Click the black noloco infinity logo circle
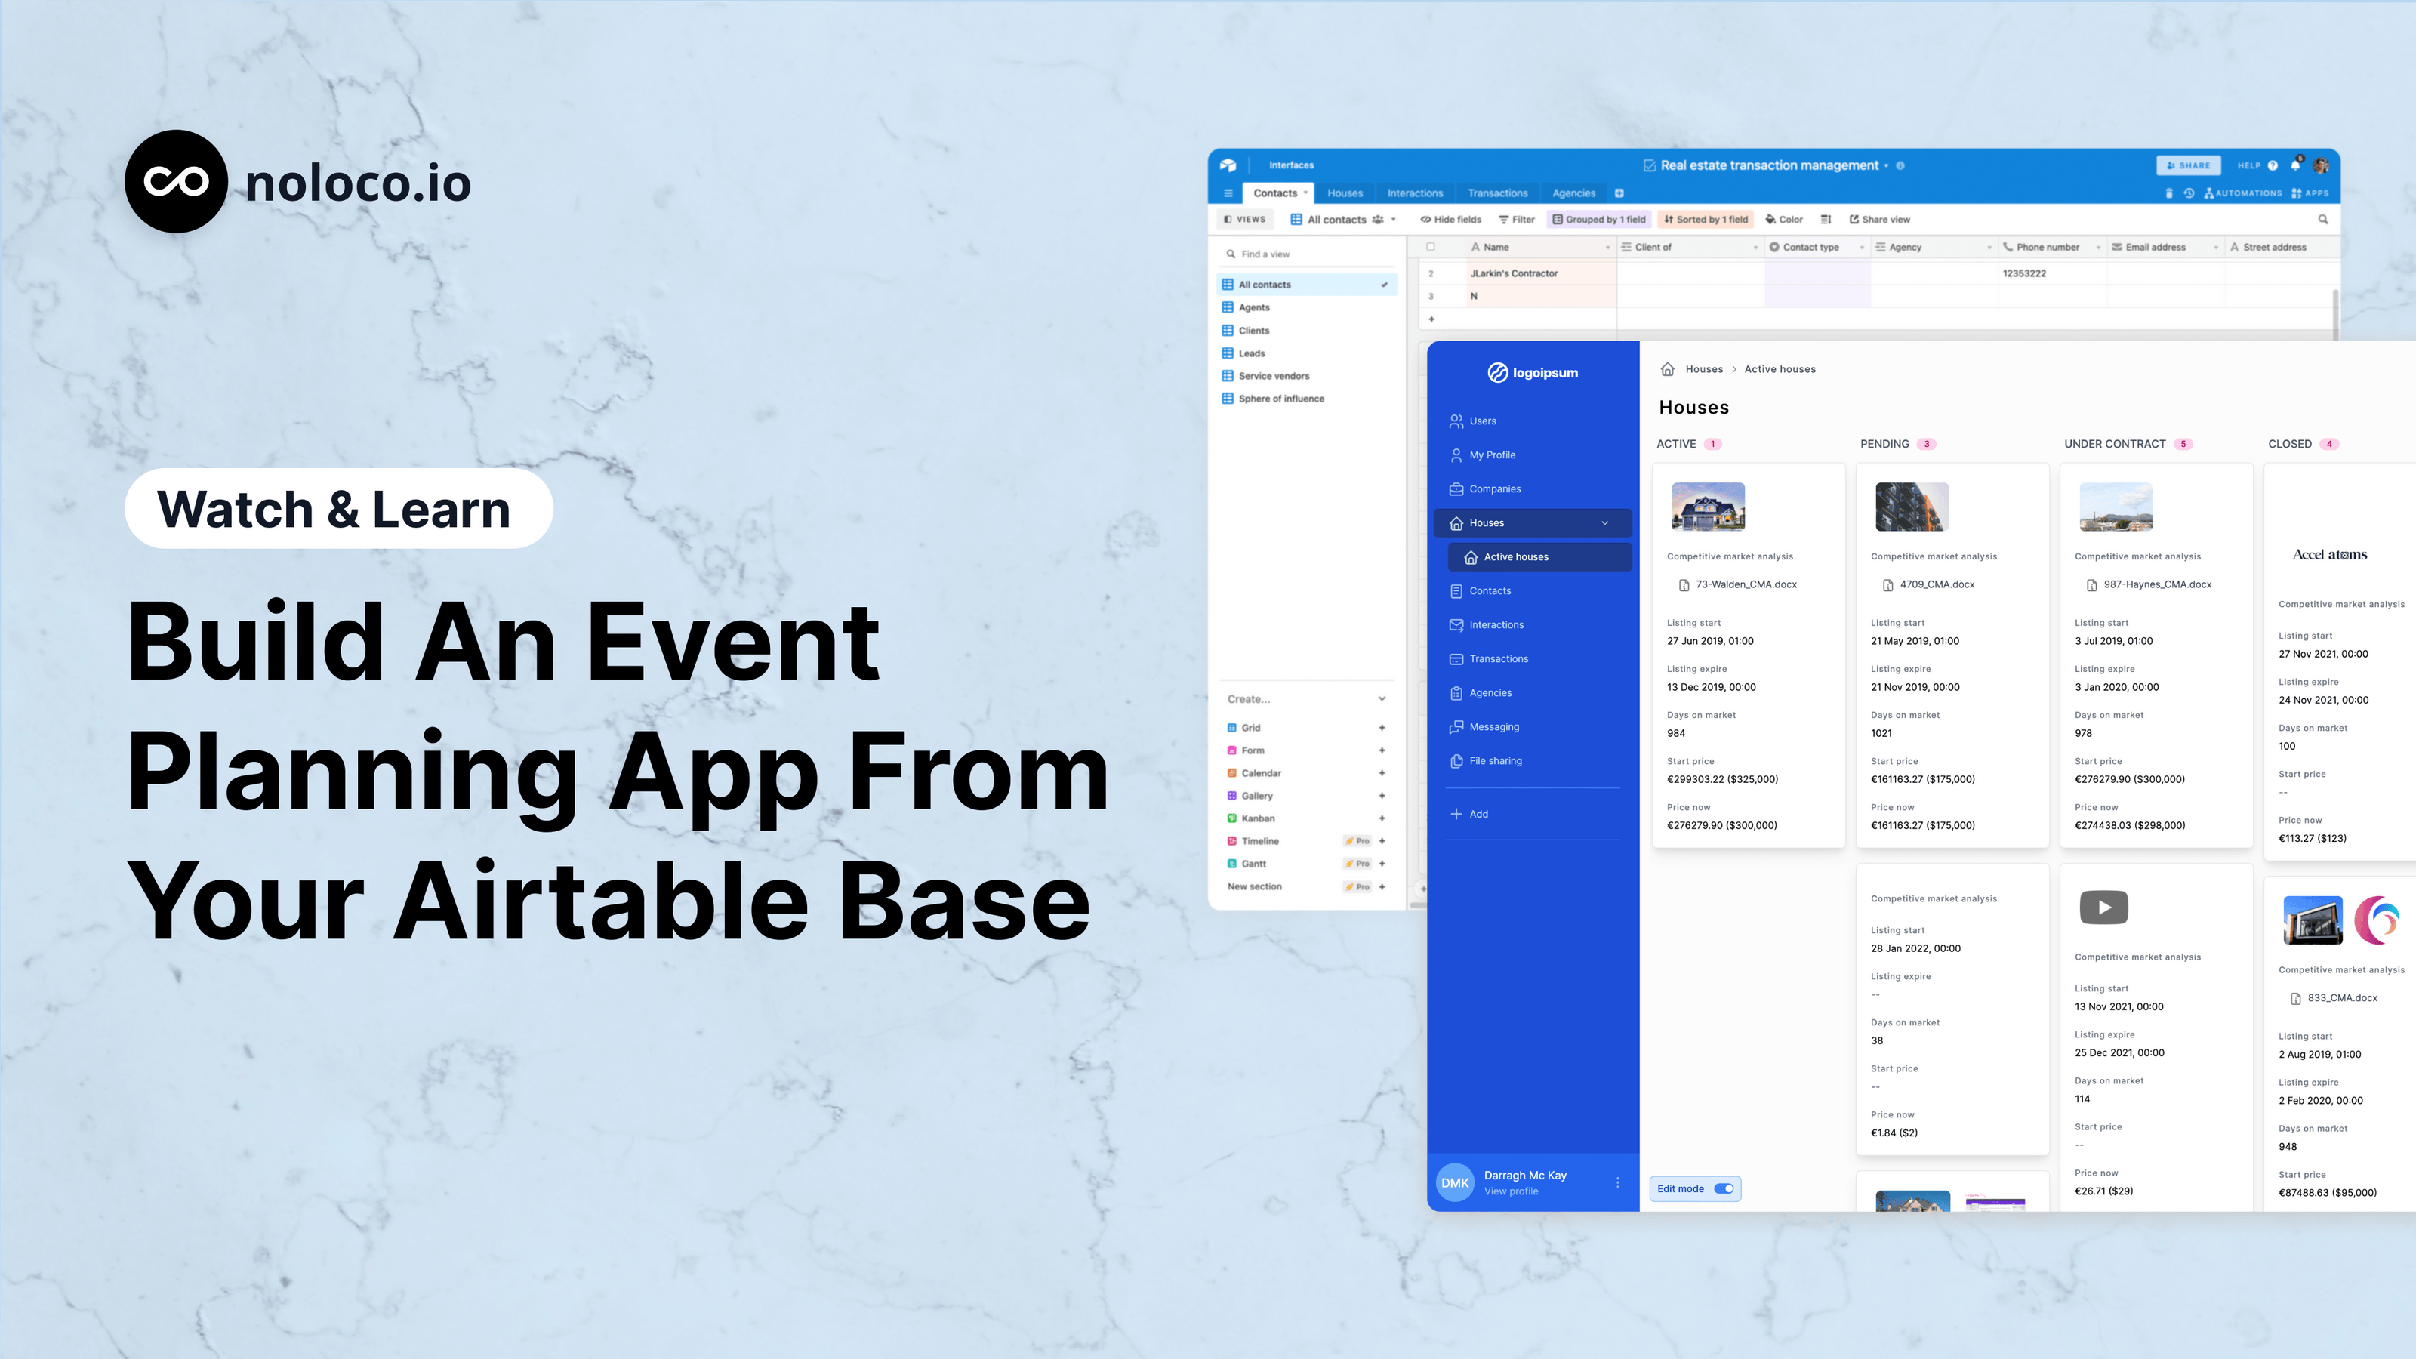[x=177, y=182]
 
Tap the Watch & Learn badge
[x=338, y=508]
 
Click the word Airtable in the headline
[x=600, y=901]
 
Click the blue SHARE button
[x=2188, y=165]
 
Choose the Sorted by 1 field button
[x=1706, y=220]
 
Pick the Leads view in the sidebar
[x=1251, y=353]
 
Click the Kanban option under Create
[x=1258, y=818]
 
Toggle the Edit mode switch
[x=1724, y=1188]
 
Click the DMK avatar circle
[x=1455, y=1182]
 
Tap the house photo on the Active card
[x=1708, y=507]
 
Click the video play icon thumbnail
[x=2103, y=907]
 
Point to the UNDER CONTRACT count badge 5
[x=2183, y=445]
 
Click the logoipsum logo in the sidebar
[x=1533, y=372]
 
